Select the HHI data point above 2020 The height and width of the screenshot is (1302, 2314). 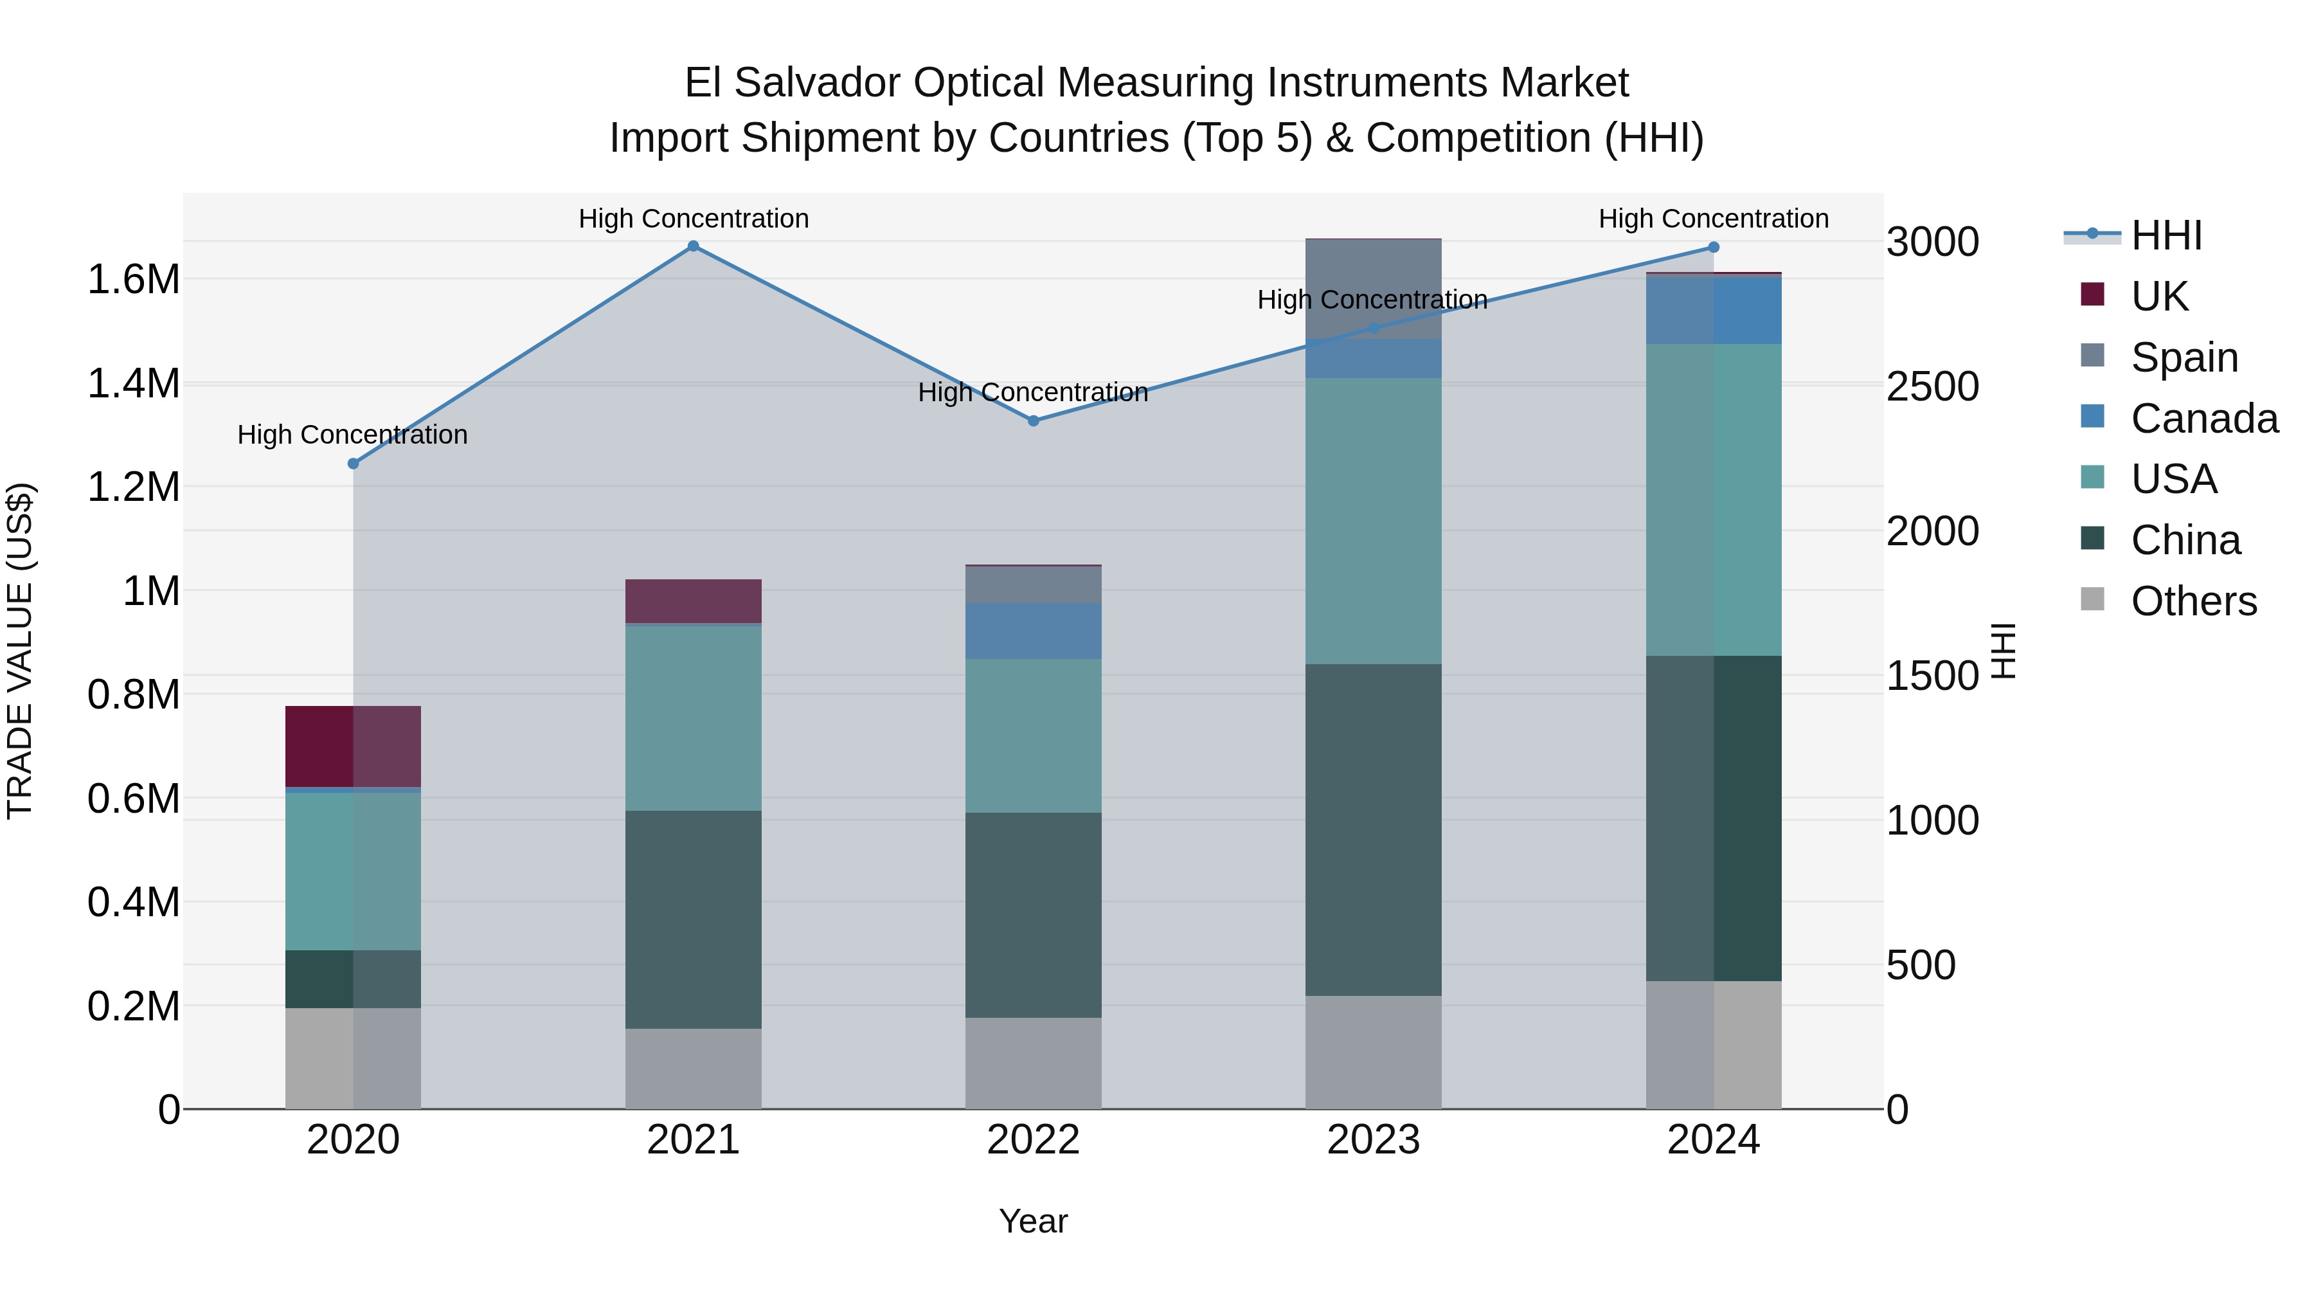353,464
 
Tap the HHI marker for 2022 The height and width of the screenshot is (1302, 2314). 1033,420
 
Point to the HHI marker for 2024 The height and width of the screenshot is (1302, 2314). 1713,247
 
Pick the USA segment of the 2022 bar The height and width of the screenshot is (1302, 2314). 1033,736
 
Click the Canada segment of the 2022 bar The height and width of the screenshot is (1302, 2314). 1033,631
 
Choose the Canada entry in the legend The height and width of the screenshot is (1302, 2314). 2203,419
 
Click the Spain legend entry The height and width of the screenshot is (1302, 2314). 2184,357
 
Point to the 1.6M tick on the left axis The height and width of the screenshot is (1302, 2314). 133,280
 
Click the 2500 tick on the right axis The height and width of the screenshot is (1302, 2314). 1932,387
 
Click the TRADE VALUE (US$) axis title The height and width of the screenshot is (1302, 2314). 20,651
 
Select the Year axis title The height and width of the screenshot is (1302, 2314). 1033,1221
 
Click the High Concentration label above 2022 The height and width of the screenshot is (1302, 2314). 1033,393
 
